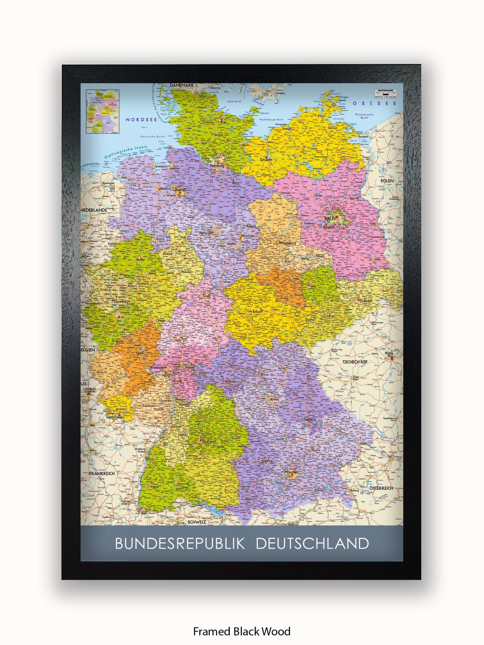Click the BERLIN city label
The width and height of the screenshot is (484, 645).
click(330, 219)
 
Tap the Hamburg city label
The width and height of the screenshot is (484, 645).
click(217, 165)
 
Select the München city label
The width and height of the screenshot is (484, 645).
click(291, 472)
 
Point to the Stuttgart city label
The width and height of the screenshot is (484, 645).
click(209, 441)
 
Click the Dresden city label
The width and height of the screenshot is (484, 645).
click(366, 301)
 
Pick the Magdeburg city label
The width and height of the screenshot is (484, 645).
click(288, 243)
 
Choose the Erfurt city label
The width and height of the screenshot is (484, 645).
click(257, 311)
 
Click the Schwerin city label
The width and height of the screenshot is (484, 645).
click(266, 160)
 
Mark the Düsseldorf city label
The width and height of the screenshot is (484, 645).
click(122, 301)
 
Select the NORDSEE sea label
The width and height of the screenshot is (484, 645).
click(141, 119)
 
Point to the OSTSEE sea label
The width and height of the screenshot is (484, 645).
click(374, 103)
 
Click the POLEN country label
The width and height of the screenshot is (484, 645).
click(387, 181)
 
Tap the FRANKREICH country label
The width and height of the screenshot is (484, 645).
click(102, 474)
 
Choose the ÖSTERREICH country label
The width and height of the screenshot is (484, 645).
click(381, 488)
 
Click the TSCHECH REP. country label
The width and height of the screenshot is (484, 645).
click(355, 362)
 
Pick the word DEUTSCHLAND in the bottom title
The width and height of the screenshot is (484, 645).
click(312, 544)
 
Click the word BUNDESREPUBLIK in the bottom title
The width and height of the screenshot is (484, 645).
click(180, 544)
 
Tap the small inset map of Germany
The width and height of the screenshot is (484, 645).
click(102, 111)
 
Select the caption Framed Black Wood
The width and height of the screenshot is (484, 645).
click(241, 631)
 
